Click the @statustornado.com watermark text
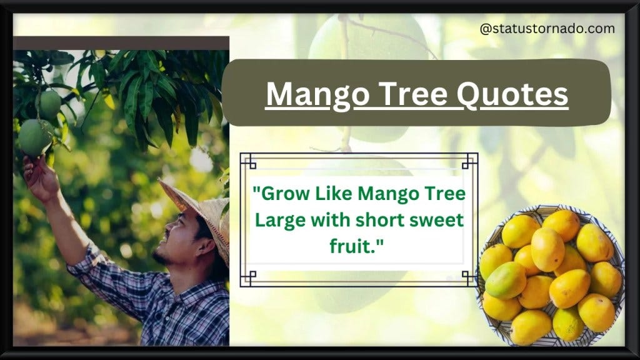coord(547,29)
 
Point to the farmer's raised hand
coord(37,178)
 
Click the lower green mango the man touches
coord(34,137)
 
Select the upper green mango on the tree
coord(49,104)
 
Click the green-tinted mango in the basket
coord(505,280)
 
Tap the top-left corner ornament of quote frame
coord(248,161)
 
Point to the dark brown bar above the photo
coord(121,43)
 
